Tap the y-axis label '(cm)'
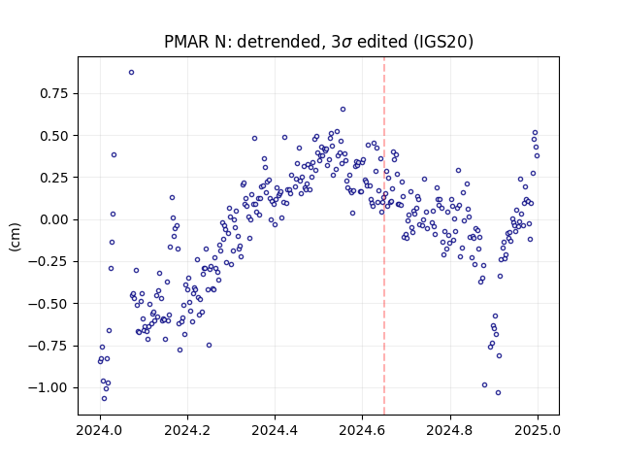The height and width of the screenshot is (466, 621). click(15, 237)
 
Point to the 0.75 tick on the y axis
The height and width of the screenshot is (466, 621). click(54, 93)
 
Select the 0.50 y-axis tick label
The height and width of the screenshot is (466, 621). click(54, 136)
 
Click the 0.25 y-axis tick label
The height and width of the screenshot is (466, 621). click(54, 178)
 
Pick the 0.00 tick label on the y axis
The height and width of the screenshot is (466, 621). click(54, 219)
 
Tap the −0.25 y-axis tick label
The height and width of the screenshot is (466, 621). click(49, 261)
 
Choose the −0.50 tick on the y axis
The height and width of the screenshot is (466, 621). click(49, 304)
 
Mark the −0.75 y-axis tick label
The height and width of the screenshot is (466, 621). click(49, 346)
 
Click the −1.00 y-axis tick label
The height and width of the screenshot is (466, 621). click(49, 387)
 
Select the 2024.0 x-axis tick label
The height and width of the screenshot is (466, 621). click(100, 430)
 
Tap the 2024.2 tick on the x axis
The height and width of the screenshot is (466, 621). click(187, 430)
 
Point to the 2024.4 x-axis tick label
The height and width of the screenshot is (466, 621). click(275, 430)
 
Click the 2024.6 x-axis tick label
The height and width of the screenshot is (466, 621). click(362, 430)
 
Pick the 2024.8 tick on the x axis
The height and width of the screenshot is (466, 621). click(450, 430)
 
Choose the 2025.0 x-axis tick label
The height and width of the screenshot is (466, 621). click(538, 430)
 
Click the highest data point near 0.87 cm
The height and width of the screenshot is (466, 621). click(132, 73)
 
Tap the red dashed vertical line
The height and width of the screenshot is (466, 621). click(384, 236)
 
